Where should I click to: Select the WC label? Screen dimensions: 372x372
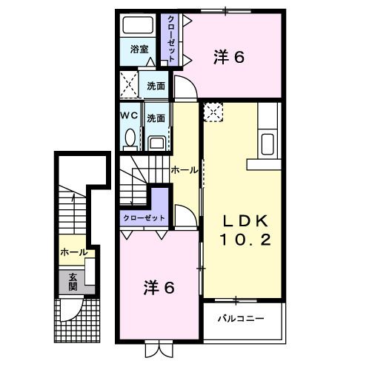130,117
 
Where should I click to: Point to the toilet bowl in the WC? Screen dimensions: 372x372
131,138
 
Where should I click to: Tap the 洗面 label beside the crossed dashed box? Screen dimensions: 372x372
156,86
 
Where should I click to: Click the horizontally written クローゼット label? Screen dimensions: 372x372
144,217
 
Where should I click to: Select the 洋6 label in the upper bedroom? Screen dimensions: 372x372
228,57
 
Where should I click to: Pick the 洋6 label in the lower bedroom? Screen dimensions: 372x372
159,288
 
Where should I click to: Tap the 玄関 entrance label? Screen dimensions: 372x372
73,281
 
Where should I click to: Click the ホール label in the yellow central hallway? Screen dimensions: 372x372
185,169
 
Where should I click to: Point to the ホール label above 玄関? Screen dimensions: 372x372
74,253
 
